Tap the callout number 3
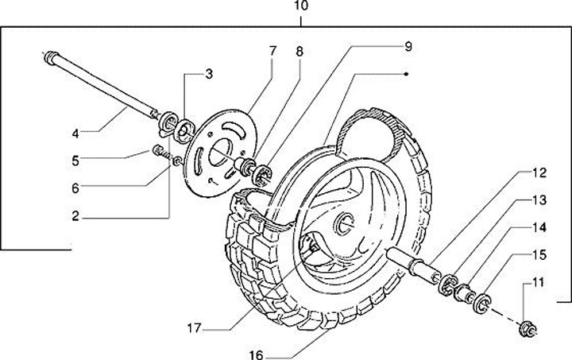(x=209, y=75)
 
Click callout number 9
(x=407, y=47)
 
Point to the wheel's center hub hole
(x=347, y=223)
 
